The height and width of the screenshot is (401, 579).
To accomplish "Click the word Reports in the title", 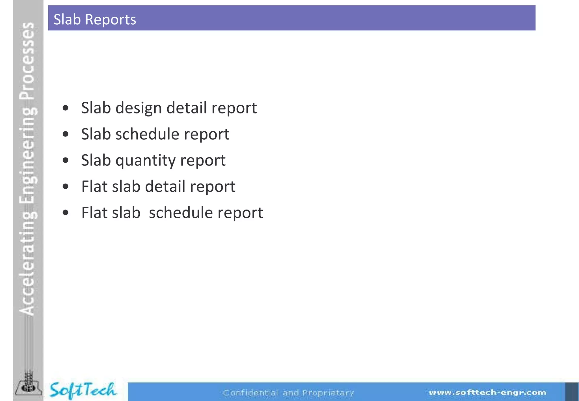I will (x=110, y=20).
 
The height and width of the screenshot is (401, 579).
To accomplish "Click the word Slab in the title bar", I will (x=67, y=20).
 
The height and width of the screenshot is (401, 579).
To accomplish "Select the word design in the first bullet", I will (x=139, y=108).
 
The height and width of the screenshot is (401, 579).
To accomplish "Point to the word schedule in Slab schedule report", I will (x=147, y=134).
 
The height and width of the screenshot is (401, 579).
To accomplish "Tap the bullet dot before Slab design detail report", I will (x=66, y=108).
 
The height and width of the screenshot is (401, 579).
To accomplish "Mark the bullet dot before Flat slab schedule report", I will (x=66, y=213).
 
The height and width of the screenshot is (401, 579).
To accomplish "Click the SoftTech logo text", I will (x=83, y=390).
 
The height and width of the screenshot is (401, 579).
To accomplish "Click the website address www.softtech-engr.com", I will (x=487, y=393).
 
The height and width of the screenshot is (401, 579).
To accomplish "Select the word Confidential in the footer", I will (x=250, y=393).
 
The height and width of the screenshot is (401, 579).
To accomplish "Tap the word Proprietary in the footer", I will (x=328, y=393).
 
